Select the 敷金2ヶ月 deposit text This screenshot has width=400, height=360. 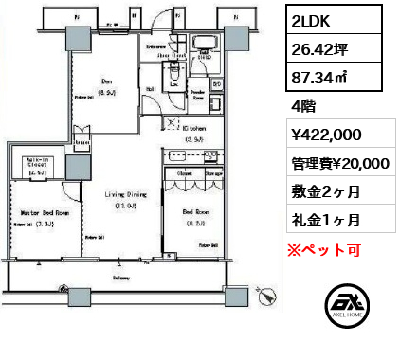325,191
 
